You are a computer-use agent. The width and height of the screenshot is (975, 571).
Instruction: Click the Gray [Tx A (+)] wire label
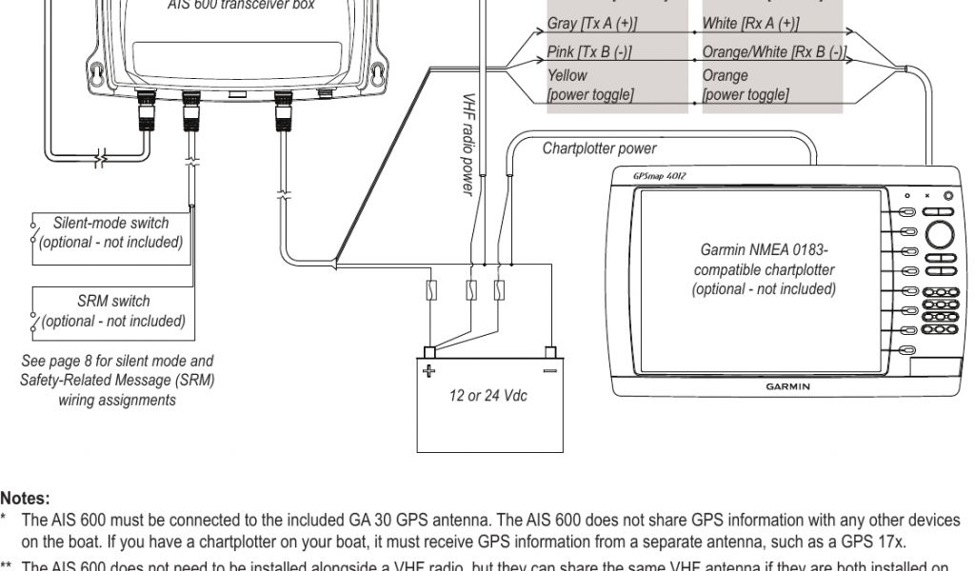pyautogui.click(x=592, y=23)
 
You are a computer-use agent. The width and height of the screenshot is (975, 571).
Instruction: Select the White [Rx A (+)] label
pyautogui.click(x=750, y=23)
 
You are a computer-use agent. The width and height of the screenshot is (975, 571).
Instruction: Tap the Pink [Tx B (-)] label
pyautogui.click(x=589, y=52)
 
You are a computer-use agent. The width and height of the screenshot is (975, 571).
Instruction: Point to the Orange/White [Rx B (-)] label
pyautogui.click(x=774, y=52)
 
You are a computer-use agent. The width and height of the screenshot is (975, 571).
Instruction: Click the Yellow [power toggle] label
pyautogui.click(x=590, y=85)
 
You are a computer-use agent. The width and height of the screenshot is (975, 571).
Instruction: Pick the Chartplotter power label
pyautogui.click(x=599, y=148)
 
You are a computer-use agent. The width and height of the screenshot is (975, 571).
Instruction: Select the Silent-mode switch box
pyautogui.click(x=111, y=232)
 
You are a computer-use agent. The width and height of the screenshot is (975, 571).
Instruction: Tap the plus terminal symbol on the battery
pyautogui.click(x=429, y=370)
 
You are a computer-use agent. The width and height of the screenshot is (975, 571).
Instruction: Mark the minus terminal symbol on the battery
pyautogui.click(x=548, y=370)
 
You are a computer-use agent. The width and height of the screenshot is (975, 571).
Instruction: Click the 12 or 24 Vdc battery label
pyautogui.click(x=488, y=395)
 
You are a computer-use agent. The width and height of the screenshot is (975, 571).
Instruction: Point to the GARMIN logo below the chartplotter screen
pyautogui.click(x=788, y=386)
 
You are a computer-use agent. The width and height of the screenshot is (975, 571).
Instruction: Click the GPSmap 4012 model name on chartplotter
pyautogui.click(x=657, y=176)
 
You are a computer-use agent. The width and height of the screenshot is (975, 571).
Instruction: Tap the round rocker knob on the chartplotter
pyautogui.click(x=940, y=234)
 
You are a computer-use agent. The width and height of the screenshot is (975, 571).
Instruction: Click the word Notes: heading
pyautogui.click(x=25, y=498)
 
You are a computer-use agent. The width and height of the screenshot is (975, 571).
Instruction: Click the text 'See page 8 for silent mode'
pyautogui.click(x=117, y=361)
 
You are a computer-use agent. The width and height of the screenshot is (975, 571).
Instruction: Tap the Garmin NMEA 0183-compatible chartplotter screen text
pyautogui.click(x=765, y=270)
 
